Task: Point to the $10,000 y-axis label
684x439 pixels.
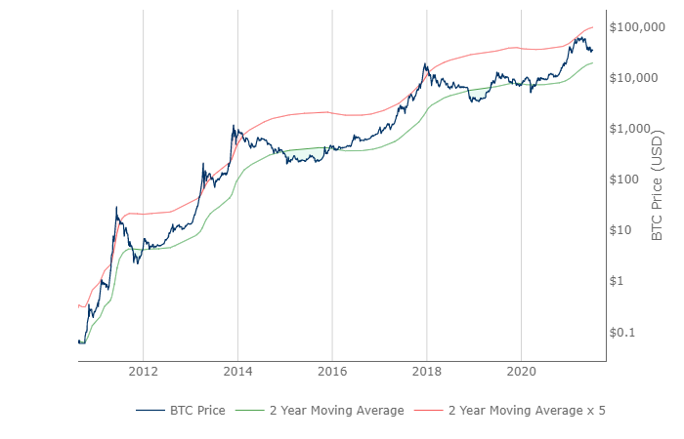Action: click(641, 78)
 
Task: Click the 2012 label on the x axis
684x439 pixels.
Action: click(143, 371)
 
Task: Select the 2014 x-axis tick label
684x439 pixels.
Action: click(237, 371)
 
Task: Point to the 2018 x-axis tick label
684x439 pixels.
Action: click(426, 371)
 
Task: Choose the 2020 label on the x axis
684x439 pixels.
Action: click(521, 371)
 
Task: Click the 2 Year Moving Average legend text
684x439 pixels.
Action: click(337, 411)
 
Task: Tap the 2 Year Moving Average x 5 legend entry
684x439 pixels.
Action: click(527, 411)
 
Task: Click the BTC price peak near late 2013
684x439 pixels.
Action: click(233, 125)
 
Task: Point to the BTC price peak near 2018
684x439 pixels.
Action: click(425, 64)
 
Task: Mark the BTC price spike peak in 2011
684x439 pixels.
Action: click(116, 207)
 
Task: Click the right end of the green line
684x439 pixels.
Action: click(592, 63)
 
